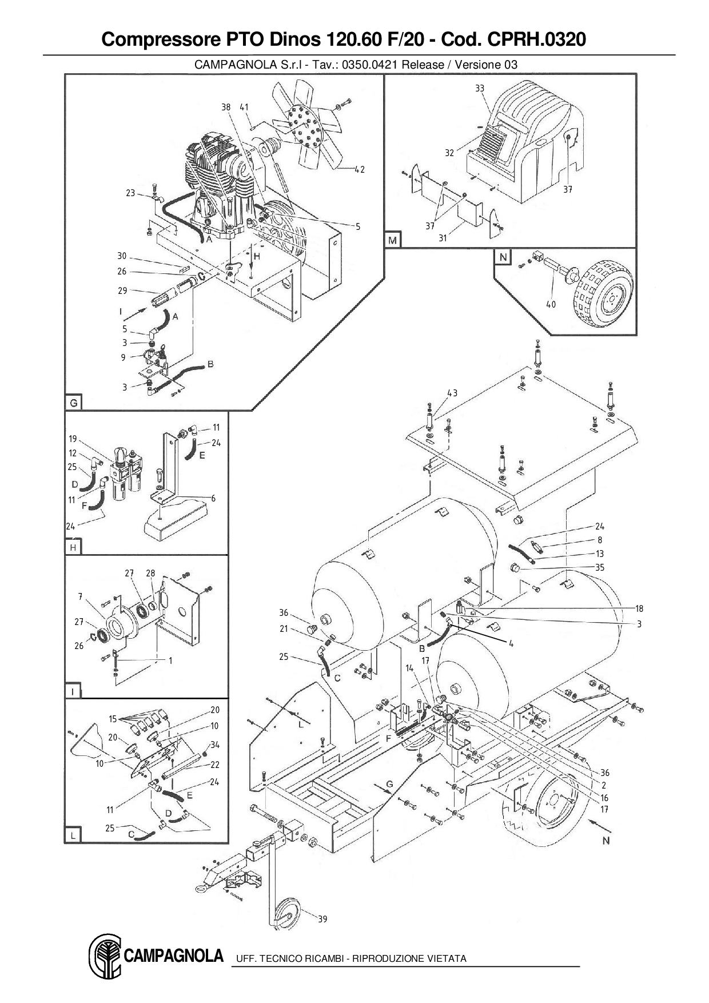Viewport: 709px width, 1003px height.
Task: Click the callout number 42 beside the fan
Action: pyautogui.click(x=359, y=169)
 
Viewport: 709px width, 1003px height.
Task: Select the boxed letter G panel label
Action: pyautogui.click(x=73, y=403)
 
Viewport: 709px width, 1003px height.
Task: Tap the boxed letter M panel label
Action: pyautogui.click(x=392, y=240)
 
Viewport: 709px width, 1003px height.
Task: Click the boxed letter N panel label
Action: pyautogui.click(x=503, y=257)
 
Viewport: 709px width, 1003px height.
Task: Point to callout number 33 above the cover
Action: pyautogui.click(x=480, y=88)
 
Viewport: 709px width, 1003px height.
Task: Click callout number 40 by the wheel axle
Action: pyautogui.click(x=550, y=304)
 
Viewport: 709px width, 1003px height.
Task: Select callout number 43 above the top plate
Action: pyautogui.click(x=452, y=393)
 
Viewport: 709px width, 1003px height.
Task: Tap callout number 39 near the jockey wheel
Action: pyautogui.click(x=322, y=919)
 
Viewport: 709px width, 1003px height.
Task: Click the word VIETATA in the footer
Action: pyautogui.click(x=446, y=958)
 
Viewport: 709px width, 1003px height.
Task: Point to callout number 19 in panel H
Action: pyautogui.click(x=73, y=439)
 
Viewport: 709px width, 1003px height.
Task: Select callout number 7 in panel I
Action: pyautogui.click(x=81, y=596)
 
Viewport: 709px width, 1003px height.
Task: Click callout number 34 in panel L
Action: pyautogui.click(x=215, y=745)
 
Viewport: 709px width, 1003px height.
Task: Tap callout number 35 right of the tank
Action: pyautogui.click(x=599, y=568)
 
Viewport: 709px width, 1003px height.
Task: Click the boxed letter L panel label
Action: pyautogui.click(x=73, y=835)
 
